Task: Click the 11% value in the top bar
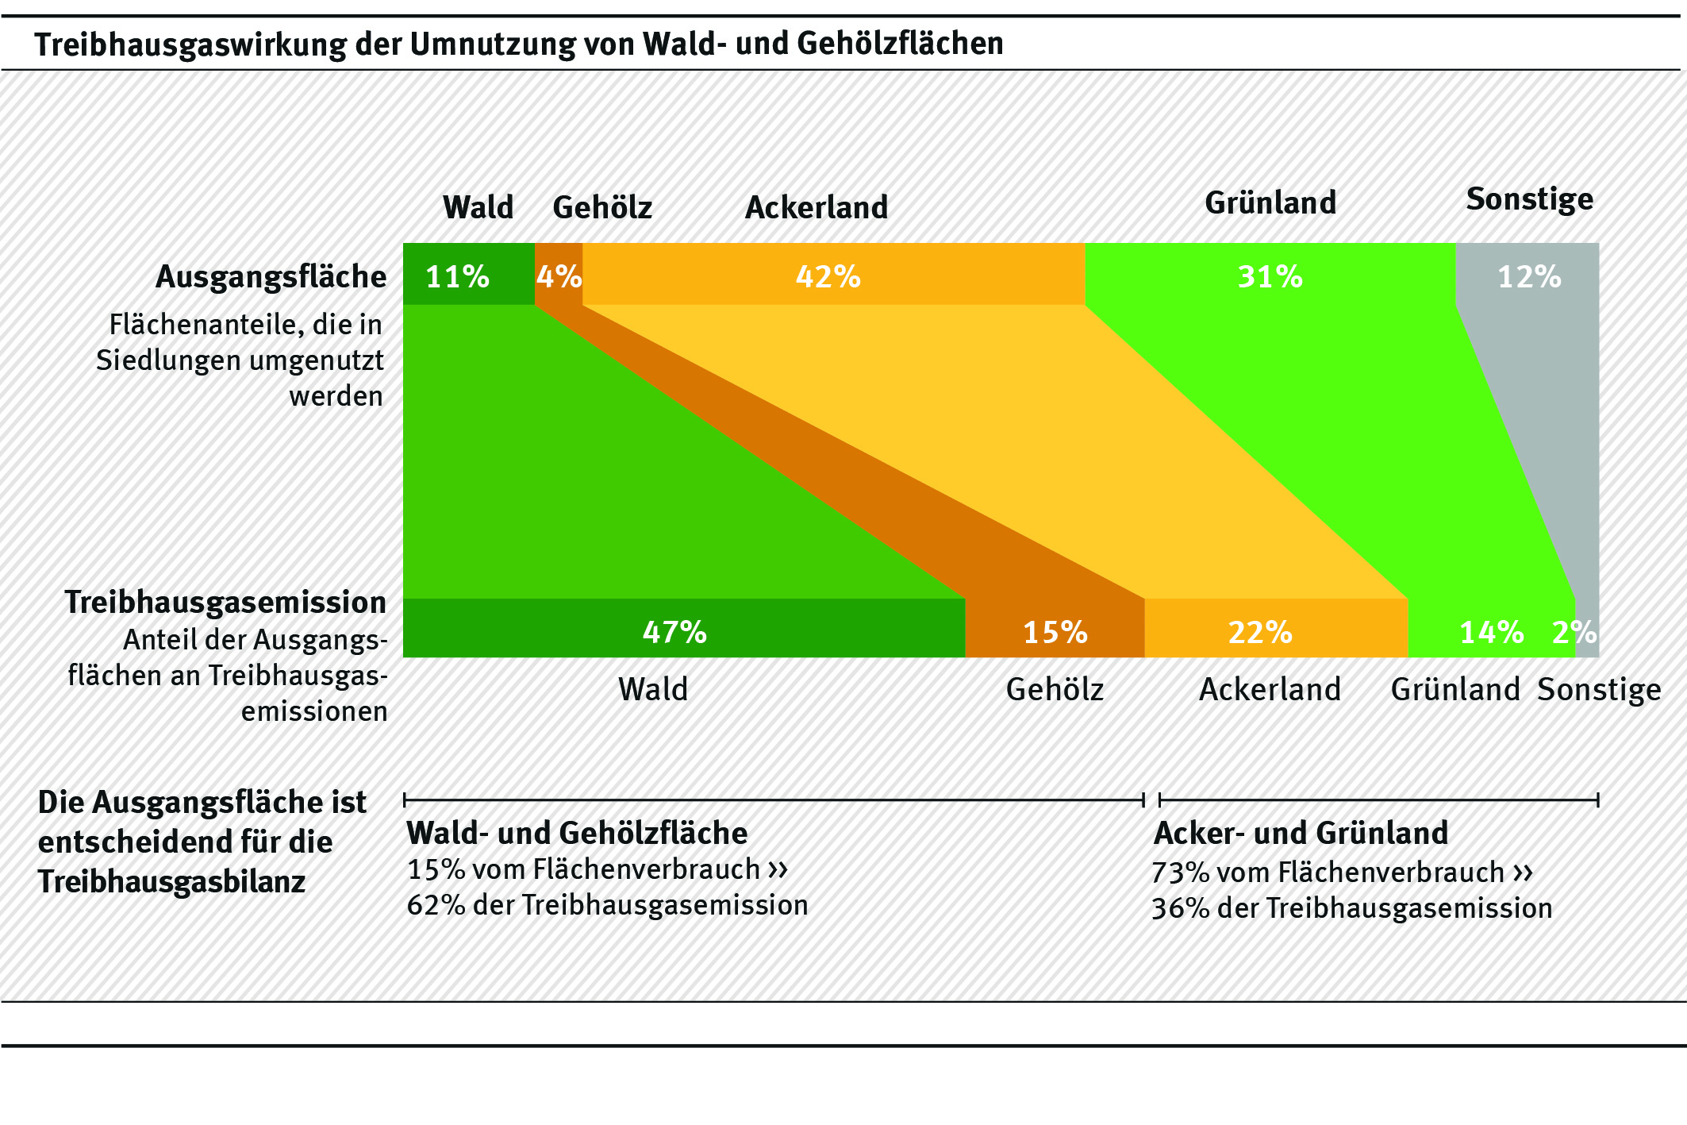coord(457,277)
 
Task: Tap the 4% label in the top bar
coord(559,277)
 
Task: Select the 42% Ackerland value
coord(828,277)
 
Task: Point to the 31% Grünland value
coord(1270,277)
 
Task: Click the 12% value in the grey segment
coord(1528,277)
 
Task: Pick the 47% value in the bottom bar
coord(674,632)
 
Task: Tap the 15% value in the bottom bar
coord(1055,632)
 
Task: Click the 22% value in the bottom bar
coord(1260,632)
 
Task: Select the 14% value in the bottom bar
coord(1491,632)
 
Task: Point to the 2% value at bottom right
coord(1574,632)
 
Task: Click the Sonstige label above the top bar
coord(1529,199)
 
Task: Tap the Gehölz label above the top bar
coord(602,208)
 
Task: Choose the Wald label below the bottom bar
coord(653,689)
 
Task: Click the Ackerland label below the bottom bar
coord(1270,689)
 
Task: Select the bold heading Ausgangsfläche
coord(271,277)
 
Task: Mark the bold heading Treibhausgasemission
coord(225,602)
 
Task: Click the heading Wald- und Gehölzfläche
coord(577,833)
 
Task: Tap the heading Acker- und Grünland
coord(1301,833)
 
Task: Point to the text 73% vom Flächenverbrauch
coord(1327,873)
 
